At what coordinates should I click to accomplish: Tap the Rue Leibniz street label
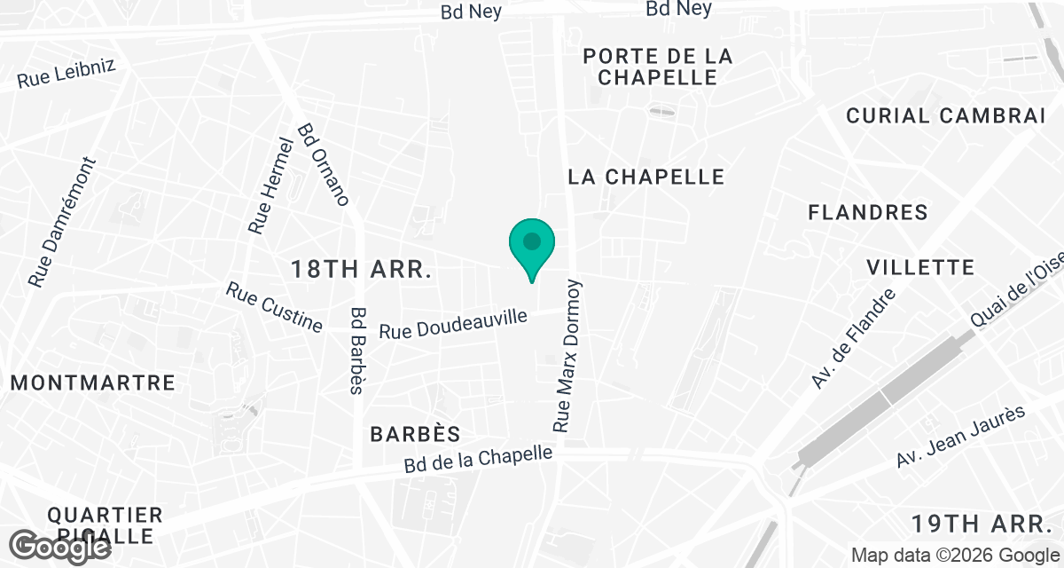pos(66,75)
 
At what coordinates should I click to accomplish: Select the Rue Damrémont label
pos(62,223)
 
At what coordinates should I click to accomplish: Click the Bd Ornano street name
pos(324,164)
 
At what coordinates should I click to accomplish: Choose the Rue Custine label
pos(274,307)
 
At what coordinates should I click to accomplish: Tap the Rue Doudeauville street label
pos(453,323)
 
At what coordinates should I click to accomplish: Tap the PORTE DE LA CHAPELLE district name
pos(657,67)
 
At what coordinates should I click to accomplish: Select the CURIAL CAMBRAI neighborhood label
pos(946,115)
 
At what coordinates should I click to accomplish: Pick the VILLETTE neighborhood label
pos(920,267)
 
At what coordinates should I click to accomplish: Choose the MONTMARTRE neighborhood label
pos(93,383)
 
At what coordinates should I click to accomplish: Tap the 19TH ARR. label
pos(984,521)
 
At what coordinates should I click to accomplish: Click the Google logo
pos(61,544)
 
